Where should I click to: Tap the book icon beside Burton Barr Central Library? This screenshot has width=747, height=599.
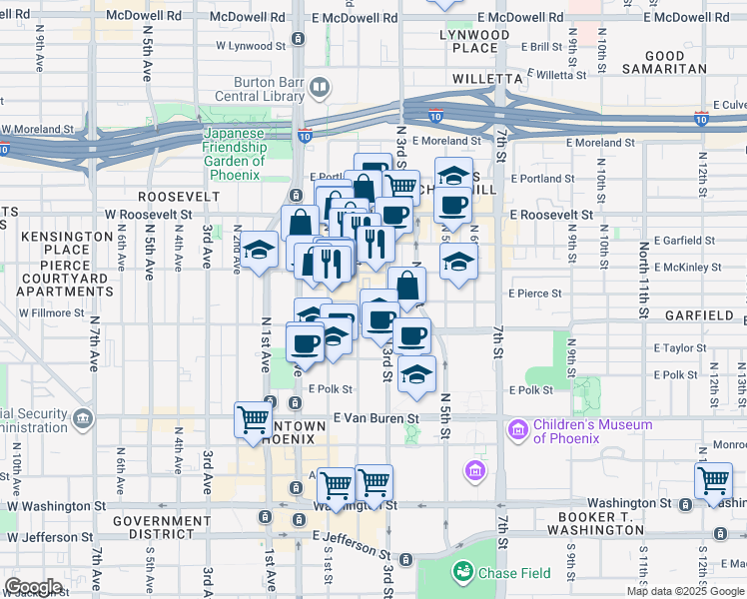point(319,88)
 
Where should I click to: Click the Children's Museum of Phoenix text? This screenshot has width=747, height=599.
point(592,431)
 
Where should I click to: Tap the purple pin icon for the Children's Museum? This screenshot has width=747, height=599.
point(517,430)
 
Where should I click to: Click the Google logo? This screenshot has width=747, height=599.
point(33,586)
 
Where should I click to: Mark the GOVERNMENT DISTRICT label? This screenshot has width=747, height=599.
point(164,528)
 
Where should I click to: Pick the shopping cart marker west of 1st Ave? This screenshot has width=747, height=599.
point(253,418)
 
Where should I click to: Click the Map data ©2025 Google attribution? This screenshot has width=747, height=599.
point(686,591)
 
